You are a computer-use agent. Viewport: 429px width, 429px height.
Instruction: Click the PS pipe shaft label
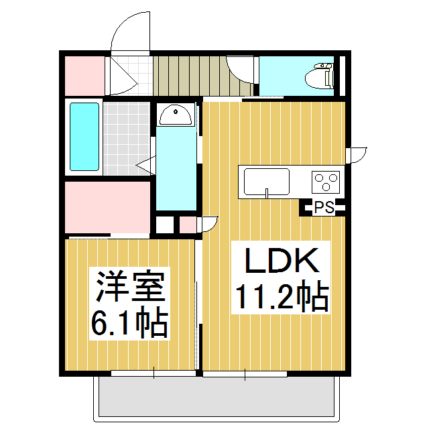(x=324, y=208)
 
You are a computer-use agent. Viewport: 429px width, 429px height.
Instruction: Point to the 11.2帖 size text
(x=281, y=297)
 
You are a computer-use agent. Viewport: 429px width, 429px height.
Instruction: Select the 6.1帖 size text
(x=129, y=324)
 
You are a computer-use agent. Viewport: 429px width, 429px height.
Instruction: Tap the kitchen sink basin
(x=267, y=182)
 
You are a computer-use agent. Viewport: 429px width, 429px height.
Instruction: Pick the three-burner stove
(x=326, y=182)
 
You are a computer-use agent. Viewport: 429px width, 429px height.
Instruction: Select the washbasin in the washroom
(x=176, y=115)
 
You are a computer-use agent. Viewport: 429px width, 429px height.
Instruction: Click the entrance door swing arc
(x=131, y=30)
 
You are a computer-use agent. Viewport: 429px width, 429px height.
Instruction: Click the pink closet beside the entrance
(x=84, y=76)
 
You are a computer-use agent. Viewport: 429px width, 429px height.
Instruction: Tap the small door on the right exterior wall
(x=357, y=154)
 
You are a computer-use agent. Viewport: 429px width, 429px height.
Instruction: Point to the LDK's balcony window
(x=245, y=373)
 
